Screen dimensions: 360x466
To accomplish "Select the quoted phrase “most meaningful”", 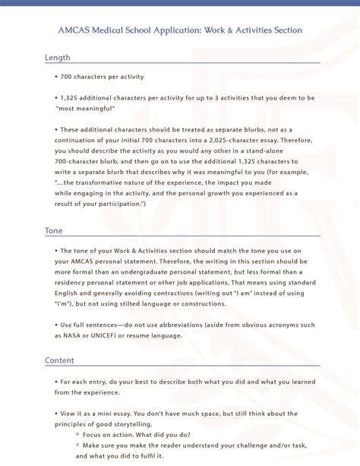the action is pos(86,109).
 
